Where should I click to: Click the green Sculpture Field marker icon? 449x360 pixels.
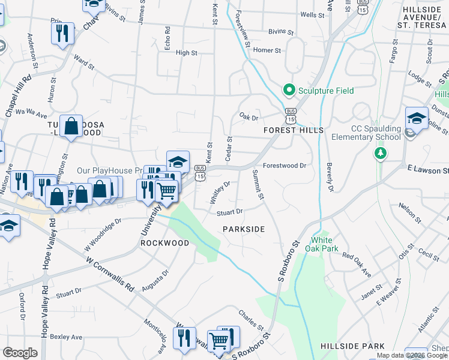pos(289,91)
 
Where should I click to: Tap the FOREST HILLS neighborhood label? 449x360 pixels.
pos(294,130)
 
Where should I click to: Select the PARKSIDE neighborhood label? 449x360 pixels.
pos(244,229)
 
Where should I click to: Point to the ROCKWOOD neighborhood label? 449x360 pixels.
pos(165,243)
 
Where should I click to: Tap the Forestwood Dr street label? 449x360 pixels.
pos(285,166)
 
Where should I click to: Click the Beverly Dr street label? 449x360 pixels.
pos(330,177)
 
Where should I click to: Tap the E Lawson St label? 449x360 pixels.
pos(427,170)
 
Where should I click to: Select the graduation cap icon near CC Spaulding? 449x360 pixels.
pos(417,118)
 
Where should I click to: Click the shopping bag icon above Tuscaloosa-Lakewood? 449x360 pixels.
pos(71,127)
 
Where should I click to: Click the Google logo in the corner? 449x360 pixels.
pos(20,353)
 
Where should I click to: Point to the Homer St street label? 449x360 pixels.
pos(267,50)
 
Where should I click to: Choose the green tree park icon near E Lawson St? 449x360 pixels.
pos(379,154)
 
